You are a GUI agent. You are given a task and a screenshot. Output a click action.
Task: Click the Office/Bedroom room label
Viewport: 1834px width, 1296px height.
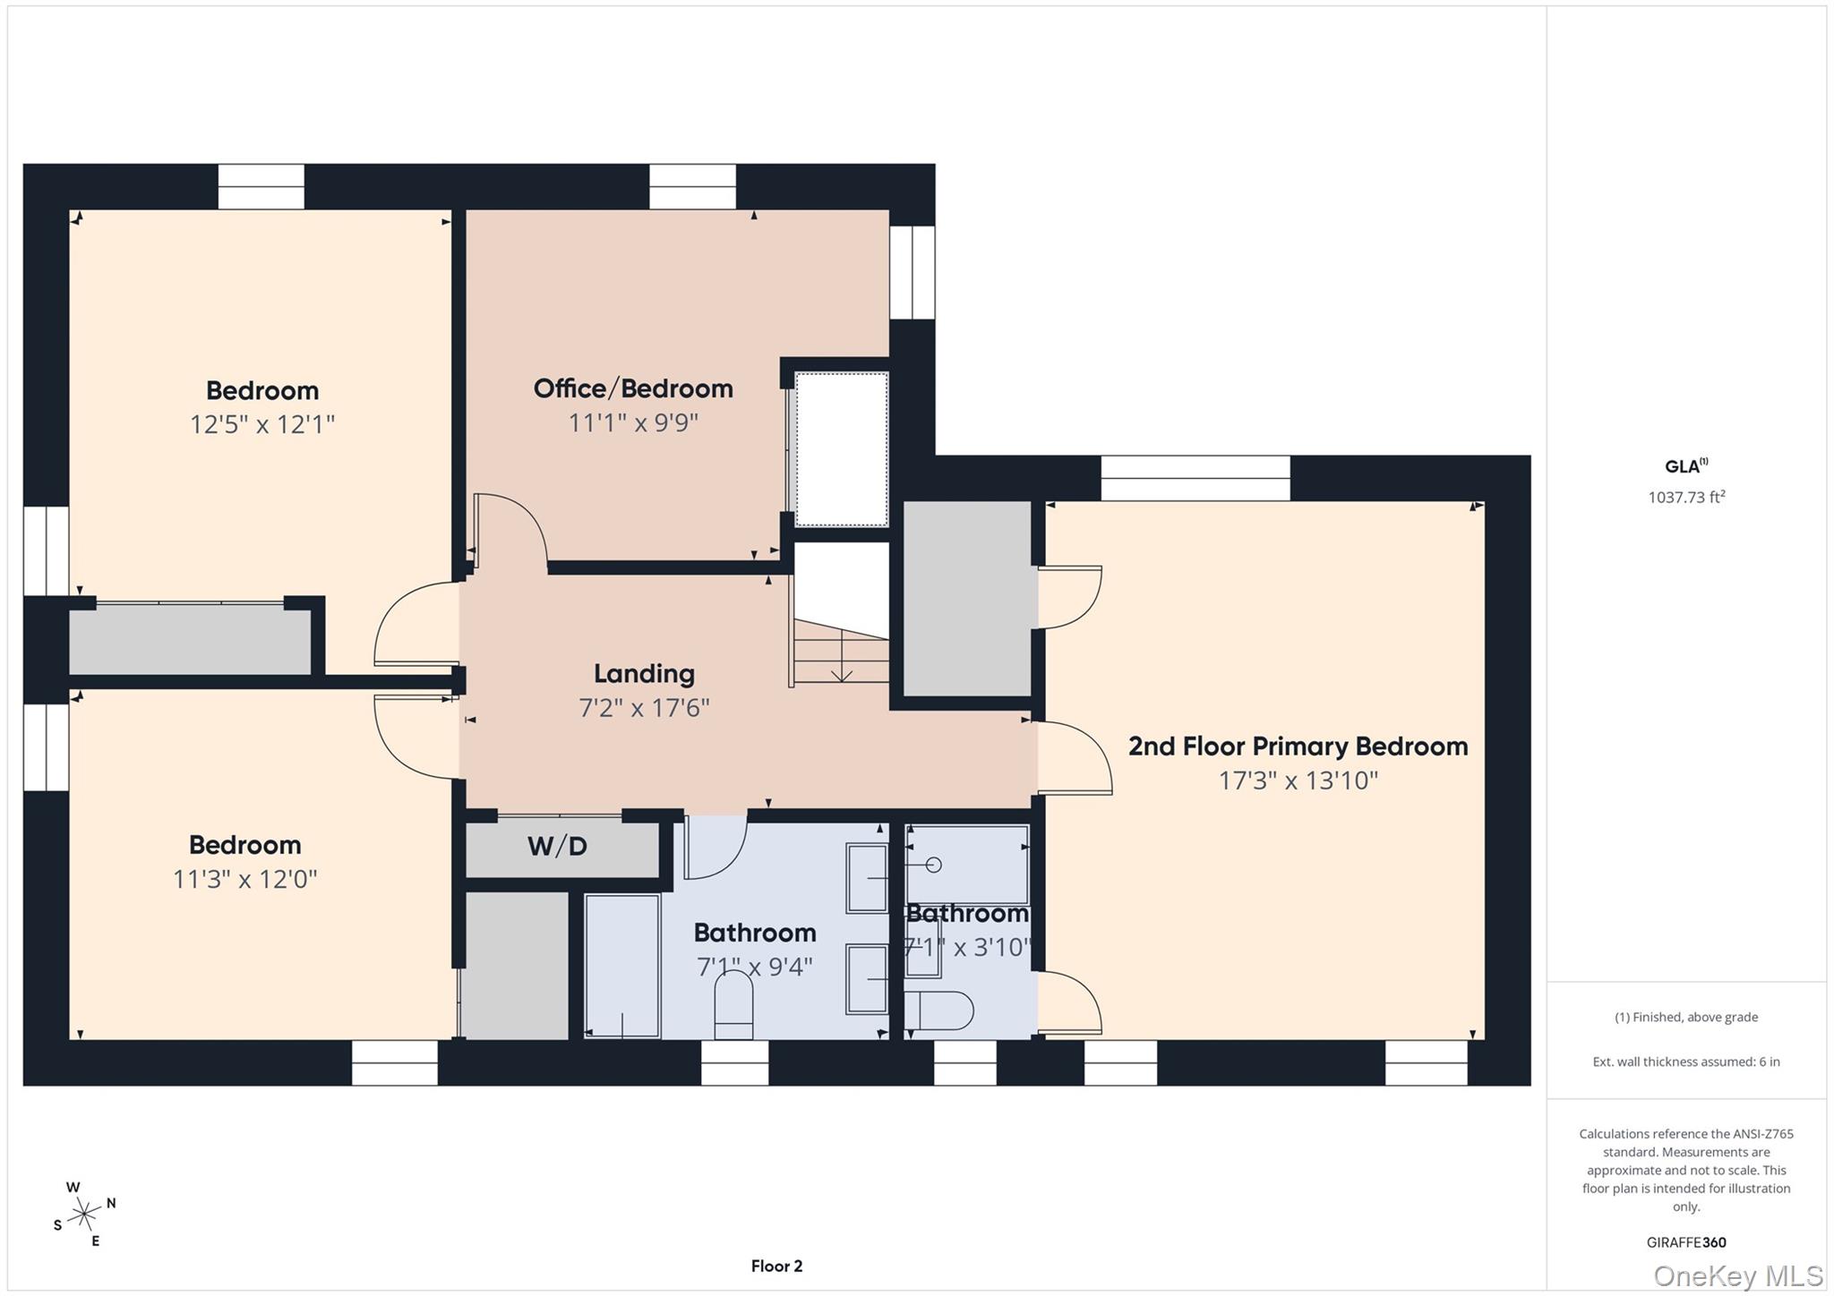coord(633,388)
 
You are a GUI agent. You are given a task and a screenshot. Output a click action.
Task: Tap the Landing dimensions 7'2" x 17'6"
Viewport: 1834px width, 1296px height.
coord(644,708)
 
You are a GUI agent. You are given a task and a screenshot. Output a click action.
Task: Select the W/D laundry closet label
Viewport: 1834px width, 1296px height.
coord(557,846)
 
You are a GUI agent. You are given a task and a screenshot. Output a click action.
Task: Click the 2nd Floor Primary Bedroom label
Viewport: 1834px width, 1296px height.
coord(1298,746)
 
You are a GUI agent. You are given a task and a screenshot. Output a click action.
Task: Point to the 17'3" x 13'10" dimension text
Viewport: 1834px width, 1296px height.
coord(1298,780)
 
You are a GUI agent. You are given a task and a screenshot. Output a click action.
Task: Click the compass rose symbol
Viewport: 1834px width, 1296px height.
coord(85,1214)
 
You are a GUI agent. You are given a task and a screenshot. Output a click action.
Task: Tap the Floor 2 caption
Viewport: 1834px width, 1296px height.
coord(776,1266)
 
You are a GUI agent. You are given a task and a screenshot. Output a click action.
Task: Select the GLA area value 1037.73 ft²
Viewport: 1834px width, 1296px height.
coord(1686,497)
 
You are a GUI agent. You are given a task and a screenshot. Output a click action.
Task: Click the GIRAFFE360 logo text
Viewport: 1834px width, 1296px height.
coord(1686,1242)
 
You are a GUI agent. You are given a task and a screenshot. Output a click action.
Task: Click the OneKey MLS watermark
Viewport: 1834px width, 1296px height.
coord(1737,1275)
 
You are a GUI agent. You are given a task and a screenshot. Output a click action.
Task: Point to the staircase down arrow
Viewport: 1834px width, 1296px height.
coord(841,671)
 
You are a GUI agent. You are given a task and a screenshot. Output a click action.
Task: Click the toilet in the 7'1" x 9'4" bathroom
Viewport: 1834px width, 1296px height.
coord(733,1007)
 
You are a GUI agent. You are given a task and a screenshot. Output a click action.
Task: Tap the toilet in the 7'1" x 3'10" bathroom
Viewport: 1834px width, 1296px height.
coord(940,1011)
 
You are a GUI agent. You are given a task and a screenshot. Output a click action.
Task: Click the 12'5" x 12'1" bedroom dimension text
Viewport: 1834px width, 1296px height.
coord(261,424)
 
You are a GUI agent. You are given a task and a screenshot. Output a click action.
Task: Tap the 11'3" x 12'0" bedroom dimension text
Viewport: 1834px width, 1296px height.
coord(244,879)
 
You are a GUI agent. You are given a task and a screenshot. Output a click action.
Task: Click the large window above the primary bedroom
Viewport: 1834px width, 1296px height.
coord(1195,478)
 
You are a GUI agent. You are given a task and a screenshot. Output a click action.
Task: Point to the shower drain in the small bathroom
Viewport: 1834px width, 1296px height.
coord(933,865)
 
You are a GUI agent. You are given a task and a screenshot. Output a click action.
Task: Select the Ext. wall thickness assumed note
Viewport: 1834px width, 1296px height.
coord(1686,1062)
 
